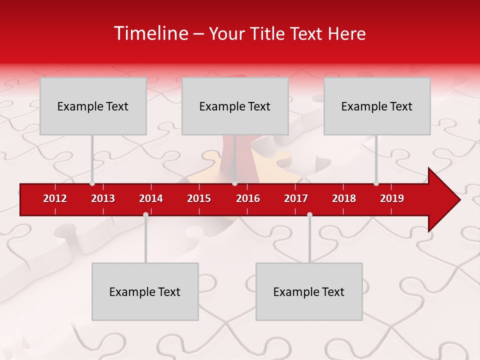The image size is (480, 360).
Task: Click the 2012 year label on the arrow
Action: pos(55,198)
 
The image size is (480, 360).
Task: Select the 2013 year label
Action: pos(103,198)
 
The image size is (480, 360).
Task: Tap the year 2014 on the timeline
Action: pos(151,198)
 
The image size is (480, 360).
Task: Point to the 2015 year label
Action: pos(199,198)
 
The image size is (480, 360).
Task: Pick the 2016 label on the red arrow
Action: pos(248,198)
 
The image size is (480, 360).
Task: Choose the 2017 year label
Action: pos(296,198)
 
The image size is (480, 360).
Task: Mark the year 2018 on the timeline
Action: pos(344,198)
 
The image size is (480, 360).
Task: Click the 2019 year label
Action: pos(392,198)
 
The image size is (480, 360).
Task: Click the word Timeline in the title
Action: pos(149,33)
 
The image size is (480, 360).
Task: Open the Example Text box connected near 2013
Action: pos(93,106)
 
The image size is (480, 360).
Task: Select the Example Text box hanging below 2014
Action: pos(145,291)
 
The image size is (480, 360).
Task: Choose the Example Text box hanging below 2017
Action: pos(309,291)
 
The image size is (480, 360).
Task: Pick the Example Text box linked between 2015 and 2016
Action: pos(235,106)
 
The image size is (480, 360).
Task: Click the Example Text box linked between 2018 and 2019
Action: pos(377,106)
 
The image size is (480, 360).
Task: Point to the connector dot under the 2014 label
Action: pos(145,214)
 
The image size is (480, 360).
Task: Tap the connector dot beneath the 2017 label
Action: pos(309,214)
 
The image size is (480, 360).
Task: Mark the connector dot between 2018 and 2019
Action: pos(376,183)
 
